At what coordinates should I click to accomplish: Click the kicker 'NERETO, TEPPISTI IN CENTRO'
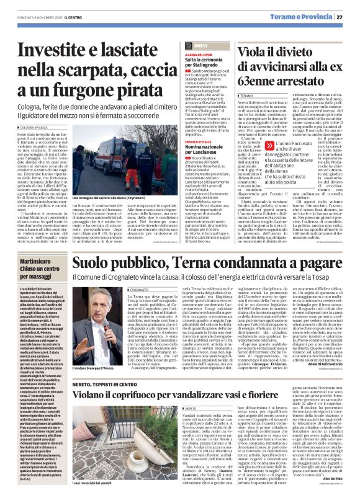click(x=117, y=344)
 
